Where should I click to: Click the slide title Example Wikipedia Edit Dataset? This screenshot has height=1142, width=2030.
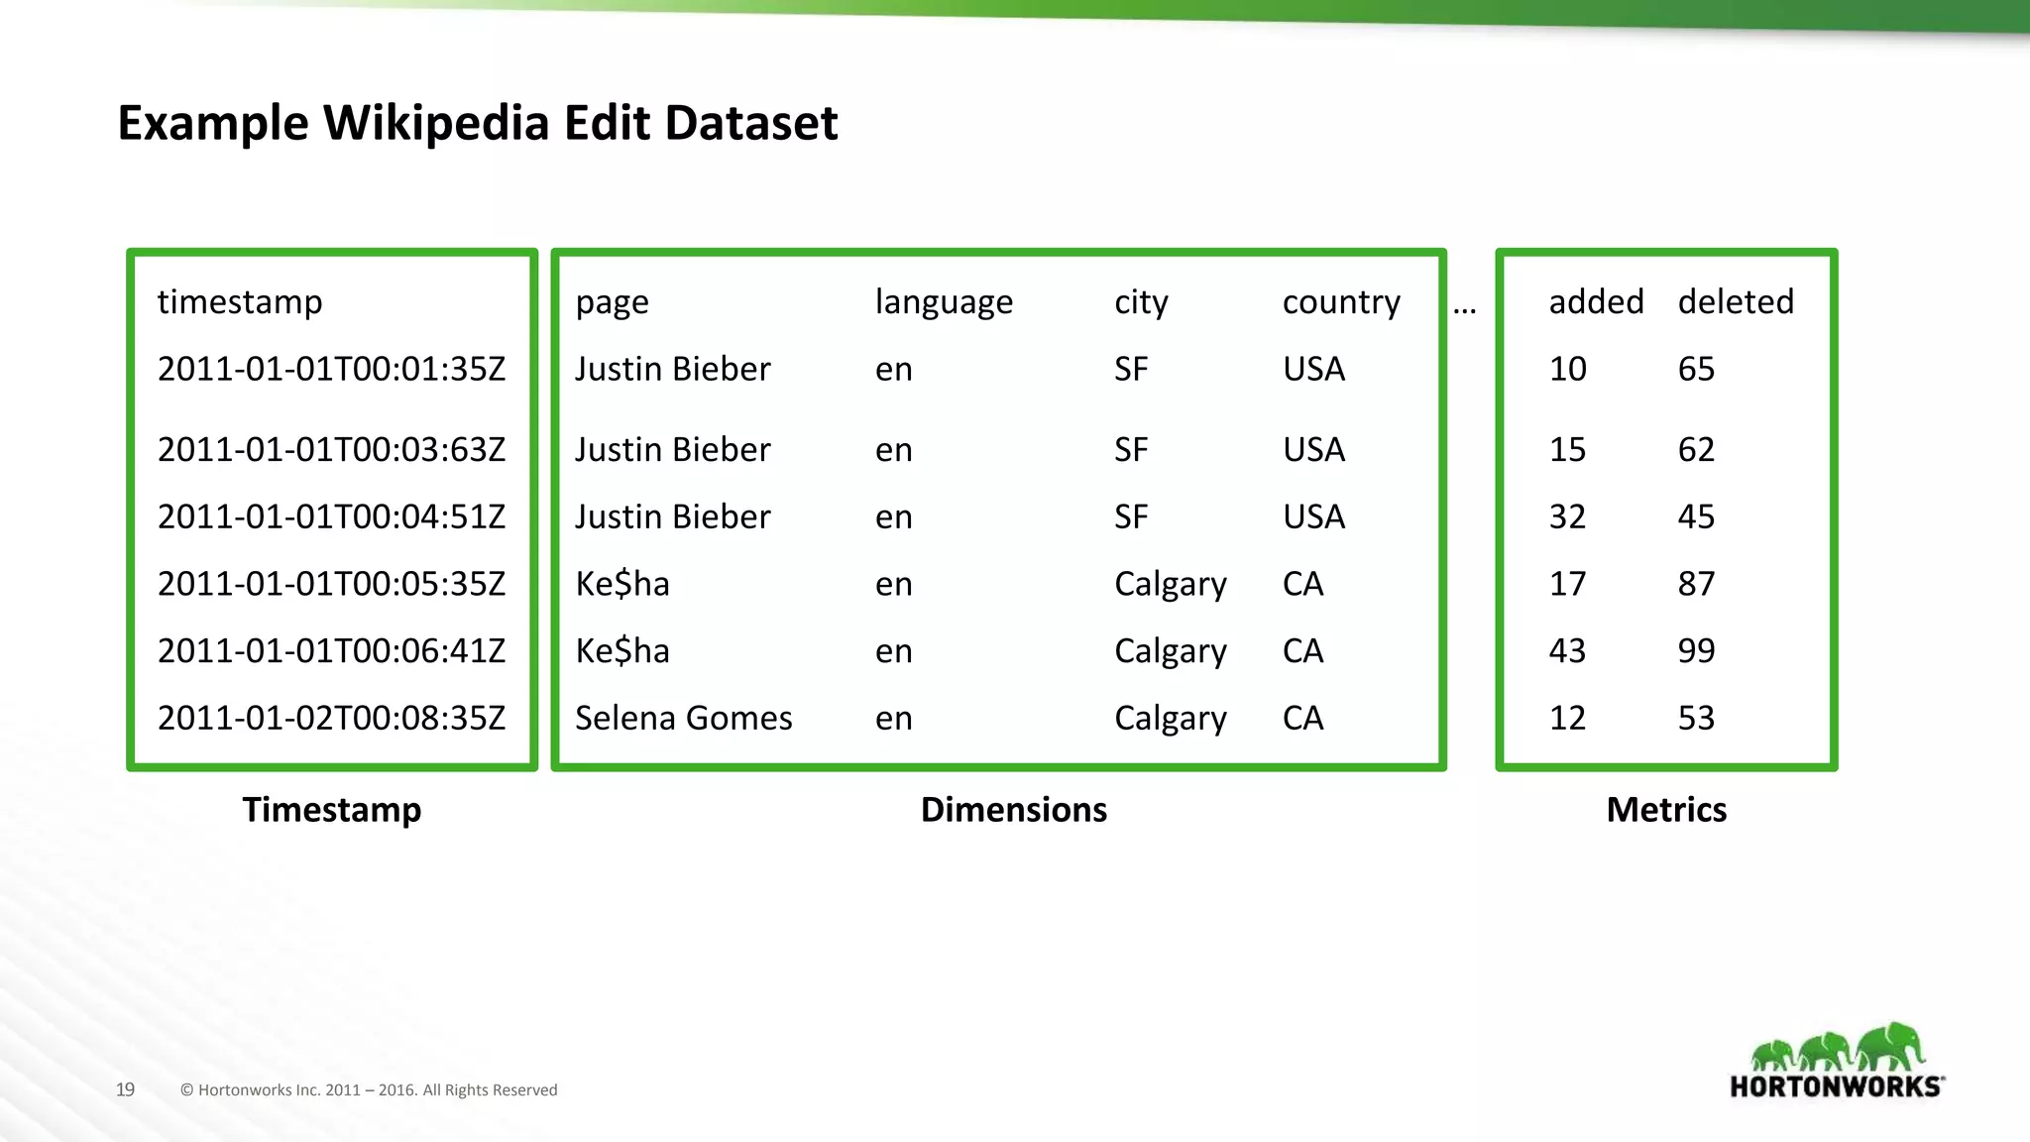[477, 124]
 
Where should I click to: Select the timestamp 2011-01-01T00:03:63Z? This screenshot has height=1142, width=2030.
[331, 450]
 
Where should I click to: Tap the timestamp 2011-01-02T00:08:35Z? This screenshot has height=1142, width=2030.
[331, 718]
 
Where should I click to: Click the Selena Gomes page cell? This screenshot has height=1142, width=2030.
[683, 718]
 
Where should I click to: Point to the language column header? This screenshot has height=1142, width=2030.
[944, 302]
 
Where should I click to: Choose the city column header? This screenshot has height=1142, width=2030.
[1141, 302]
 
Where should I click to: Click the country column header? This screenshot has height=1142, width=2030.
[1341, 302]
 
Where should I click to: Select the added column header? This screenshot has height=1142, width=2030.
[1596, 302]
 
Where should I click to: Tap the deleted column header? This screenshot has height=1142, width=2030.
[1736, 302]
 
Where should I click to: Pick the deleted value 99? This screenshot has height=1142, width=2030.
[1696, 651]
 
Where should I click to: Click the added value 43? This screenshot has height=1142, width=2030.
[1567, 651]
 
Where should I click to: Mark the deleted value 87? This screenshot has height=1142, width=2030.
[1696, 584]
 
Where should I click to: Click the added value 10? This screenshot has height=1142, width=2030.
[1567, 370]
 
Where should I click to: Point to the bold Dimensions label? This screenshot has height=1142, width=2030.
[1013, 810]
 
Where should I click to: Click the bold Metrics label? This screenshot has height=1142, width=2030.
[1666, 810]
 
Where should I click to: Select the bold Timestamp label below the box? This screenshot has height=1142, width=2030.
[332, 810]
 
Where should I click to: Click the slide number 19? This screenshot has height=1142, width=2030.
[125, 1089]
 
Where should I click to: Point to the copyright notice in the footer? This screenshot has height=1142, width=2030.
[369, 1090]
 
